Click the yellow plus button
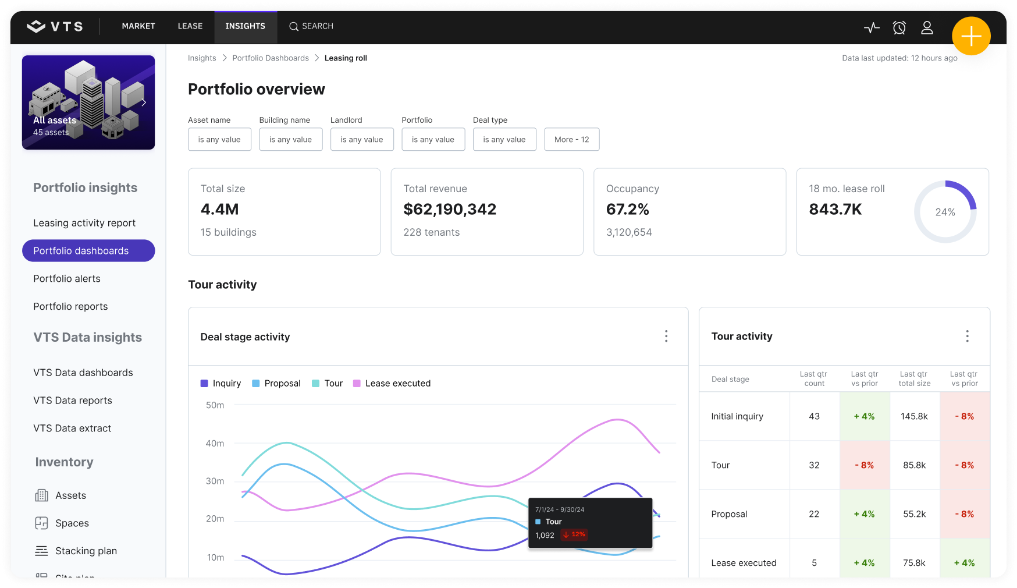click(971, 36)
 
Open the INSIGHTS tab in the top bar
click(245, 26)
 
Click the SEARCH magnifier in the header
click(294, 26)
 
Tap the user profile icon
click(927, 27)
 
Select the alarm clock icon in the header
click(899, 27)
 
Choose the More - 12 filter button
click(571, 140)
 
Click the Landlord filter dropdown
click(361, 140)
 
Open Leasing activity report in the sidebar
click(84, 223)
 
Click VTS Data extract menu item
click(72, 428)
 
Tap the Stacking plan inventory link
click(86, 551)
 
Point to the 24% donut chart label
click(945, 212)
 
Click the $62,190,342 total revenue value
click(450, 210)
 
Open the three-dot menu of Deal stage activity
click(666, 336)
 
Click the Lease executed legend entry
click(397, 384)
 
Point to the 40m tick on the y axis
click(215, 444)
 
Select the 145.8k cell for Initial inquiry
click(914, 416)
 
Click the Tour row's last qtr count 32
click(814, 465)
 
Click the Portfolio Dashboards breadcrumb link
click(271, 58)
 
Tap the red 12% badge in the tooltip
click(574, 534)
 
